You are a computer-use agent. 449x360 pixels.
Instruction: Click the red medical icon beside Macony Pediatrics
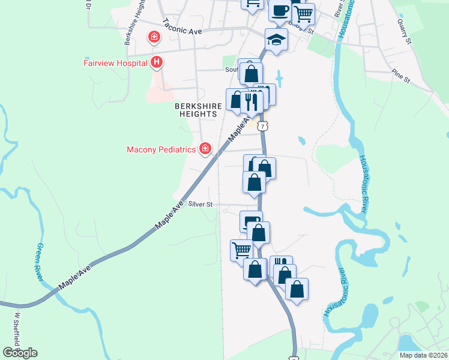(x=205, y=148)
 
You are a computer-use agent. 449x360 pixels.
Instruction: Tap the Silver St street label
(x=201, y=205)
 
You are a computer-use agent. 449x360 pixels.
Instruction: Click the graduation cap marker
(x=277, y=40)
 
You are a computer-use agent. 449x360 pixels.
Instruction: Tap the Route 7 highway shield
(x=264, y=125)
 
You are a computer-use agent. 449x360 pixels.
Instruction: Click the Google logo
(x=20, y=352)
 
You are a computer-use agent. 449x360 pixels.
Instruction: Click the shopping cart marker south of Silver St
(x=242, y=249)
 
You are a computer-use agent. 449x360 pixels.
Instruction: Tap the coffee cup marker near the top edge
(x=280, y=10)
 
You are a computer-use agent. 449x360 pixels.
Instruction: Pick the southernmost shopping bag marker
(x=297, y=289)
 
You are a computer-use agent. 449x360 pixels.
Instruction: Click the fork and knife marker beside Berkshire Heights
(x=252, y=101)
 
